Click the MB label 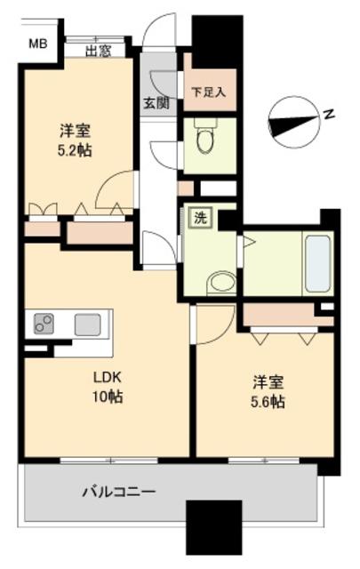(x=36, y=43)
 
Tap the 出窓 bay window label (x=98, y=52)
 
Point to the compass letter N (x=328, y=114)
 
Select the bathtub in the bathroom (x=317, y=263)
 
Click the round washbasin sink (x=220, y=284)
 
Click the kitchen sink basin (x=87, y=324)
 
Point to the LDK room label (x=105, y=377)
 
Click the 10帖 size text (x=107, y=397)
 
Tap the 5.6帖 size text (x=267, y=402)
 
